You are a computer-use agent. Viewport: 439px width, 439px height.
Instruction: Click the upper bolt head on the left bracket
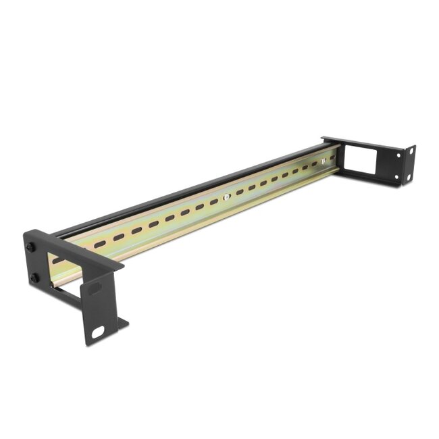[30, 247]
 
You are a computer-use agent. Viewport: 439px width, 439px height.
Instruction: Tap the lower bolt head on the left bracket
[34, 278]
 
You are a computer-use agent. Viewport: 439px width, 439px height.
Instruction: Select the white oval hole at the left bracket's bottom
[99, 332]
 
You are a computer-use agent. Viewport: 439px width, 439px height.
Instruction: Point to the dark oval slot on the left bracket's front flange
[95, 288]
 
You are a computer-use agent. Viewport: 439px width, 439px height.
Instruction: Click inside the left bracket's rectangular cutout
[66, 269]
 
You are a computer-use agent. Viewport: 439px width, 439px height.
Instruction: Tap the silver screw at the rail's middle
[227, 197]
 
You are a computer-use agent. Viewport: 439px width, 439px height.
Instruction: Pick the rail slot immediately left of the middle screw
[213, 201]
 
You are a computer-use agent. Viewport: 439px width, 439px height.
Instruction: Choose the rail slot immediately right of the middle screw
[240, 192]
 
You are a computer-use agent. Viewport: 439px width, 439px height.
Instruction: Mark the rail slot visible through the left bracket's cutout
[59, 259]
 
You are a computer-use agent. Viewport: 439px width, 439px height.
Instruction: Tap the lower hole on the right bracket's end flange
[407, 177]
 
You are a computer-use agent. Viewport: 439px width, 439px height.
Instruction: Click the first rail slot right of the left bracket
[100, 244]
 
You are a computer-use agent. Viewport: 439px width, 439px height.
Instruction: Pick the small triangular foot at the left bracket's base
[122, 324]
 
